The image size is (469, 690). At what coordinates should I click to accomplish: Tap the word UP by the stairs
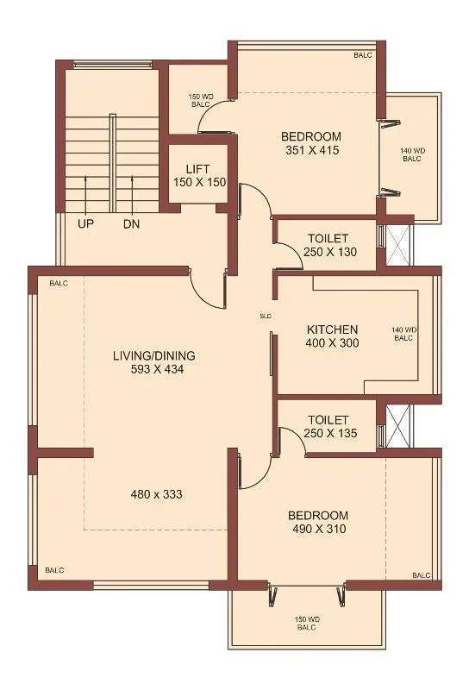click(x=86, y=224)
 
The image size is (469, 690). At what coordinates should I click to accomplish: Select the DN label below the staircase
click(x=131, y=224)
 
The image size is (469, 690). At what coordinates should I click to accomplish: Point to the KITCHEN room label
click(x=332, y=329)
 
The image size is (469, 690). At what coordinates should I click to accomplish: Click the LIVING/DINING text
click(x=154, y=355)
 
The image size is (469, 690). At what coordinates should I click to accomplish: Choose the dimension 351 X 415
click(x=311, y=150)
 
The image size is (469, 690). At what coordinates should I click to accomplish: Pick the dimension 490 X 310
click(x=316, y=529)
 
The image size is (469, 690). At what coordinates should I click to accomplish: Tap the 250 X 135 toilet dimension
click(x=328, y=433)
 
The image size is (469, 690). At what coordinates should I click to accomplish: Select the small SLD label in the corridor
click(x=266, y=317)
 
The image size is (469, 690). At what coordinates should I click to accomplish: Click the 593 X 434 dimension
click(x=154, y=369)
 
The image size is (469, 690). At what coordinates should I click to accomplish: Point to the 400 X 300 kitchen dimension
click(x=332, y=343)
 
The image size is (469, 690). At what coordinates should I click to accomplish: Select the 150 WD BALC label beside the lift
click(x=201, y=99)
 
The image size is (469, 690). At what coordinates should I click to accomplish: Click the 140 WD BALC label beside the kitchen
click(x=404, y=334)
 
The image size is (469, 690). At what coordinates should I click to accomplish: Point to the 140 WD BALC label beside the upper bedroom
click(x=411, y=155)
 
